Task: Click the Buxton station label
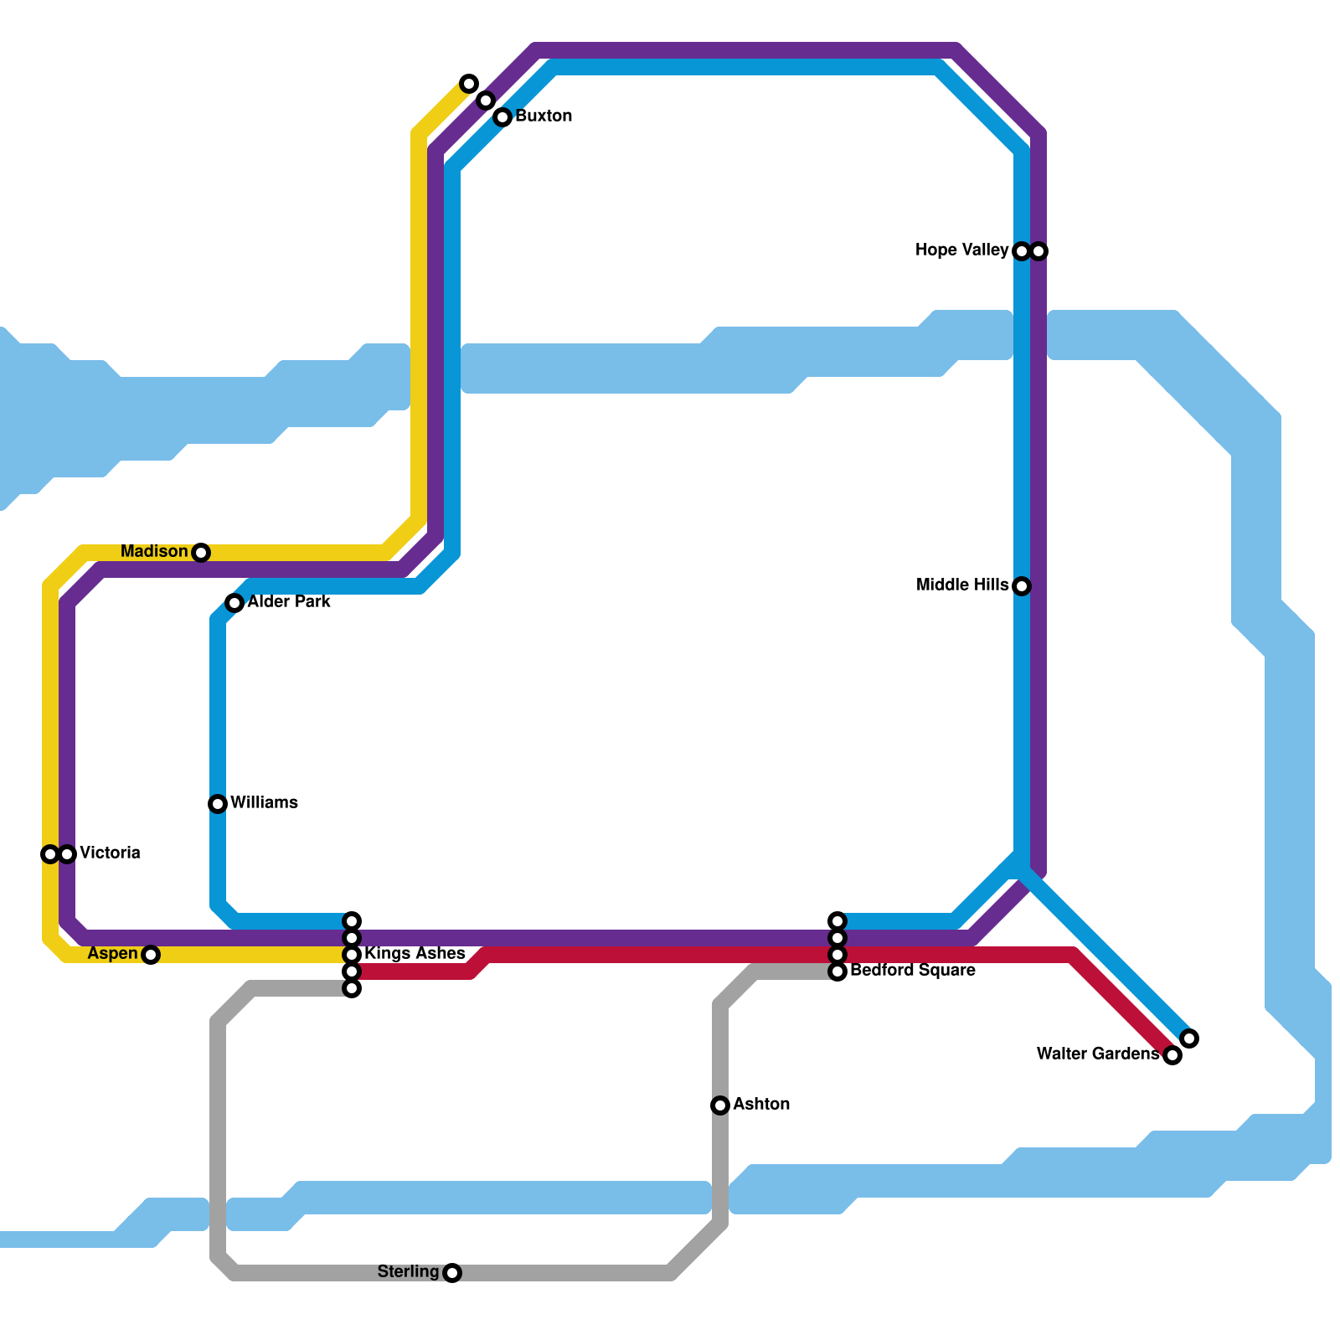pos(544,116)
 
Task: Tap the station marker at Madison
pos(201,553)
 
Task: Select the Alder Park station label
pos(289,601)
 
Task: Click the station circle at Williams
pos(218,804)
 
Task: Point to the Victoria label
pos(110,853)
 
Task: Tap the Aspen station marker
pos(151,955)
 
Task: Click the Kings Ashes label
pos(415,953)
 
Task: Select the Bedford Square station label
pos(912,970)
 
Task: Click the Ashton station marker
pos(720,1105)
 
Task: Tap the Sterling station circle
pos(452,1273)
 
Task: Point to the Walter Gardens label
pos(1097,1054)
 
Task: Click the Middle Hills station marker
pos(1022,586)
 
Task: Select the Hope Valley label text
pos(961,250)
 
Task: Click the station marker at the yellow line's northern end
pos(469,84)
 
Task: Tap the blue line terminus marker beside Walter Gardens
pos(1189,1038)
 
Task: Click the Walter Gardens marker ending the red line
pos(1172,1055)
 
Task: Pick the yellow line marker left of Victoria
pos(50,854)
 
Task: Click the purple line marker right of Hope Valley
pos(1038,251)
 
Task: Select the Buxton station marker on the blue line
pos(502,117)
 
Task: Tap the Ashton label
pos(761,1104)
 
